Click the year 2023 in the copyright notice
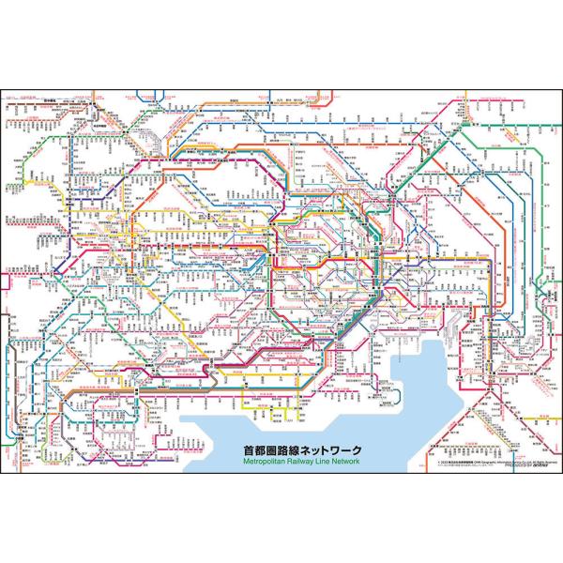point(443,461)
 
